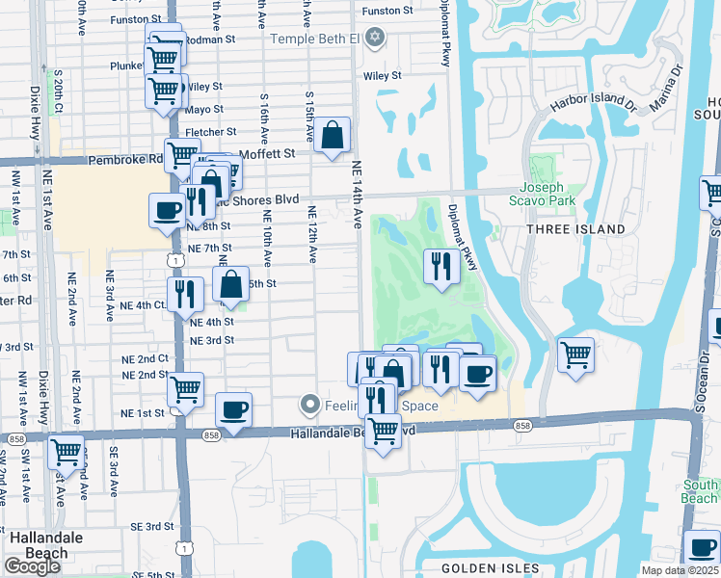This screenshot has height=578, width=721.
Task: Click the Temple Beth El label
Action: click(x=315, y=39)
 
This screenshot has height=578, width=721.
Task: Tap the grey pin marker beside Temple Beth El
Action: click(x=375, y=39)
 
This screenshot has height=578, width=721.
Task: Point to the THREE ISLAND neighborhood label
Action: click(x=575, y=229)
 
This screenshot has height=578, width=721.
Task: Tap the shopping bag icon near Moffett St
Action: click(x=332, y=136)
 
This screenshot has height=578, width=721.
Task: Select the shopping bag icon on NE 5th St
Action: click(x=230, y=284)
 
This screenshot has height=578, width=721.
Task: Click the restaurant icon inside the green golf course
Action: click(x=441, y=267)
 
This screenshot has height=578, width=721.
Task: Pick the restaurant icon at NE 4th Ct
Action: click(x=185, y=295)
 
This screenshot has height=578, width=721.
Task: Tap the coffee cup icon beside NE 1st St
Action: click(x=233, y=410)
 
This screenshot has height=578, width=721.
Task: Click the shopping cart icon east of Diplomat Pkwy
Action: click(x=575, y=354)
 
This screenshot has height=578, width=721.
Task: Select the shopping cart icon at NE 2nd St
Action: click(x=185, y=390)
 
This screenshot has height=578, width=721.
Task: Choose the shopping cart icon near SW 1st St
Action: click(x=66, y=451)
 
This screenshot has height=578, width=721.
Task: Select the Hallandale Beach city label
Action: click(x=40, y=544)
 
